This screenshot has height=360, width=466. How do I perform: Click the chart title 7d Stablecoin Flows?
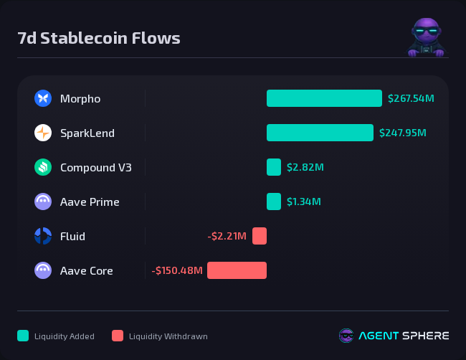point(99,38)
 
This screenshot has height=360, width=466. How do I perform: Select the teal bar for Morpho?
point(324,98)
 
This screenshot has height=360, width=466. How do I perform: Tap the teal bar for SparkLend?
point(320,133)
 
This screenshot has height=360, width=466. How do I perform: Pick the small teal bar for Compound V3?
point(274,167)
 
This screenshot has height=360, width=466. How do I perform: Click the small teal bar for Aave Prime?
point(274,202)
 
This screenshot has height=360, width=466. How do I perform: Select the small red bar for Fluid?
point(260,236)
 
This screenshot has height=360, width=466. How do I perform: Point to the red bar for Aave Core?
point(237,270)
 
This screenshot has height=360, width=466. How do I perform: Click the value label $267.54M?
point(411,98)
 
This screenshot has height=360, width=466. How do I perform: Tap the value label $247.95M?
point(402,133)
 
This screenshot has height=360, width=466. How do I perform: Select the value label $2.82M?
point(305,167)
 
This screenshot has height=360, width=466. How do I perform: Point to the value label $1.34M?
point(304,202)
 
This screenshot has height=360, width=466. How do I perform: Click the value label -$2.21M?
point(227,236)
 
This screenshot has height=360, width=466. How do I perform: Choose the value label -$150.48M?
point(177,270)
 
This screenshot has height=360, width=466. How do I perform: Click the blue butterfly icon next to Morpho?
point(43,98)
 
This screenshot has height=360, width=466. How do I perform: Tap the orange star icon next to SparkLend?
point(43,133)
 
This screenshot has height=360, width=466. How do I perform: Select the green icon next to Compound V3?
point(43,167)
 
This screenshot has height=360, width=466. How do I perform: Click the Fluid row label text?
point(72,236)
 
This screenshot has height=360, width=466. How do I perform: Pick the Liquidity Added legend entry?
point(57,336)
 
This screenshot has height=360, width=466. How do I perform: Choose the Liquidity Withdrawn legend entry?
point(160,336)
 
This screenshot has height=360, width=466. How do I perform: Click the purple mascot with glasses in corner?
point(427,37)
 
